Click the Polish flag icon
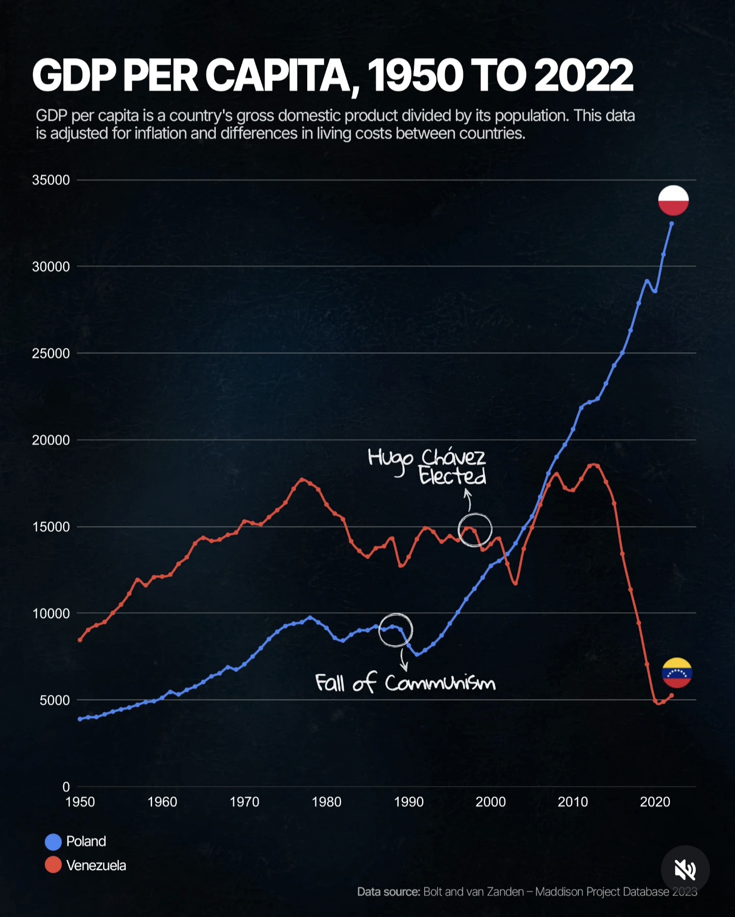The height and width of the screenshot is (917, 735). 673,200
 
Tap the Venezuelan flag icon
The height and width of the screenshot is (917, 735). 677,673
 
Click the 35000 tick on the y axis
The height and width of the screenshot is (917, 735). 51,180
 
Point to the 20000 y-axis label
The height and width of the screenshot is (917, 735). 51,440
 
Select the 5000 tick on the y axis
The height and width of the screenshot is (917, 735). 55,700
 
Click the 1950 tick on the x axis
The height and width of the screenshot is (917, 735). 80,802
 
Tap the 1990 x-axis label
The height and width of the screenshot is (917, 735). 408,802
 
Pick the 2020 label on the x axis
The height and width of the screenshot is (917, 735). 655,802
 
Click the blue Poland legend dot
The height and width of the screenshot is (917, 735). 53,842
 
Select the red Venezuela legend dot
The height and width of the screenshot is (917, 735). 53,865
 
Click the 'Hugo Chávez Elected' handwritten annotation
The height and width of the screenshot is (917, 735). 427,466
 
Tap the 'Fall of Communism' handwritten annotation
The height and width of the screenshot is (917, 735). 405,682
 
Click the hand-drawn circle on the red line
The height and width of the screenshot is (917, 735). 475,529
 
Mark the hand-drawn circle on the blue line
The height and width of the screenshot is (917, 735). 396,630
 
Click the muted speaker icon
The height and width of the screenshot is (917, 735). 685,870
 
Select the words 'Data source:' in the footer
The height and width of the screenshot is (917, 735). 388,891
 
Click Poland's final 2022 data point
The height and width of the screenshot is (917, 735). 671,223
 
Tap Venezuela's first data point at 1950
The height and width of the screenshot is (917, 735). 80,640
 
